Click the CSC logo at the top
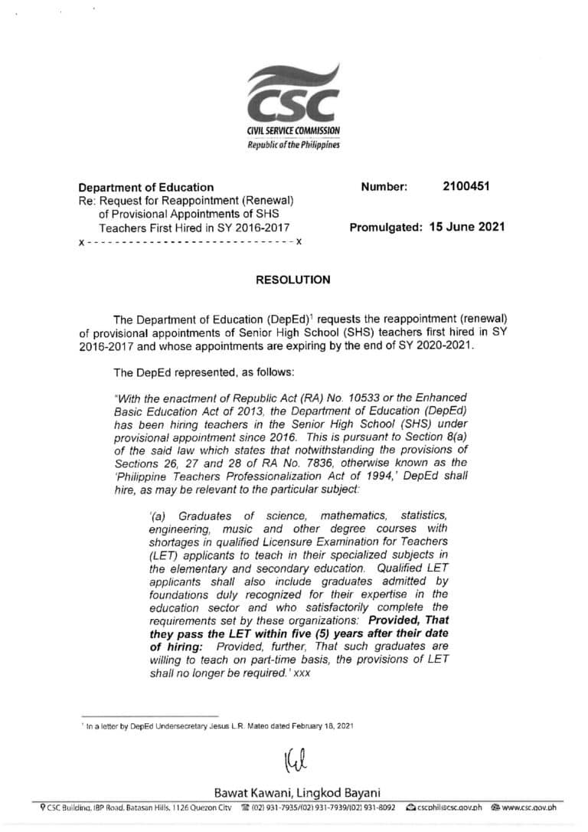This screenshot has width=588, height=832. coord(294,93)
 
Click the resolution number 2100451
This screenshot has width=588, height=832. coord(466,186)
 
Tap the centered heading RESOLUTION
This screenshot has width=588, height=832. coord(293,280)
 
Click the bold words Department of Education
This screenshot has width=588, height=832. coord(146,187)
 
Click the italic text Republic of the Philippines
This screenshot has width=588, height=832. coord(293,145)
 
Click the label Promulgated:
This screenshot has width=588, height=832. coord(386,227)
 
